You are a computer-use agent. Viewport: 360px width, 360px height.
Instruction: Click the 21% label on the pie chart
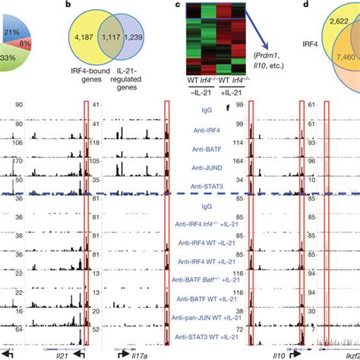pyautogui.click(x=11, y=33)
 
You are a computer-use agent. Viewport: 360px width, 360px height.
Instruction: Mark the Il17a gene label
pyautogui.click(x=134, y=353)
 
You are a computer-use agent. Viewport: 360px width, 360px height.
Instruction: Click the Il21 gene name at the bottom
pyautogui.click(x=43, y=353)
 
